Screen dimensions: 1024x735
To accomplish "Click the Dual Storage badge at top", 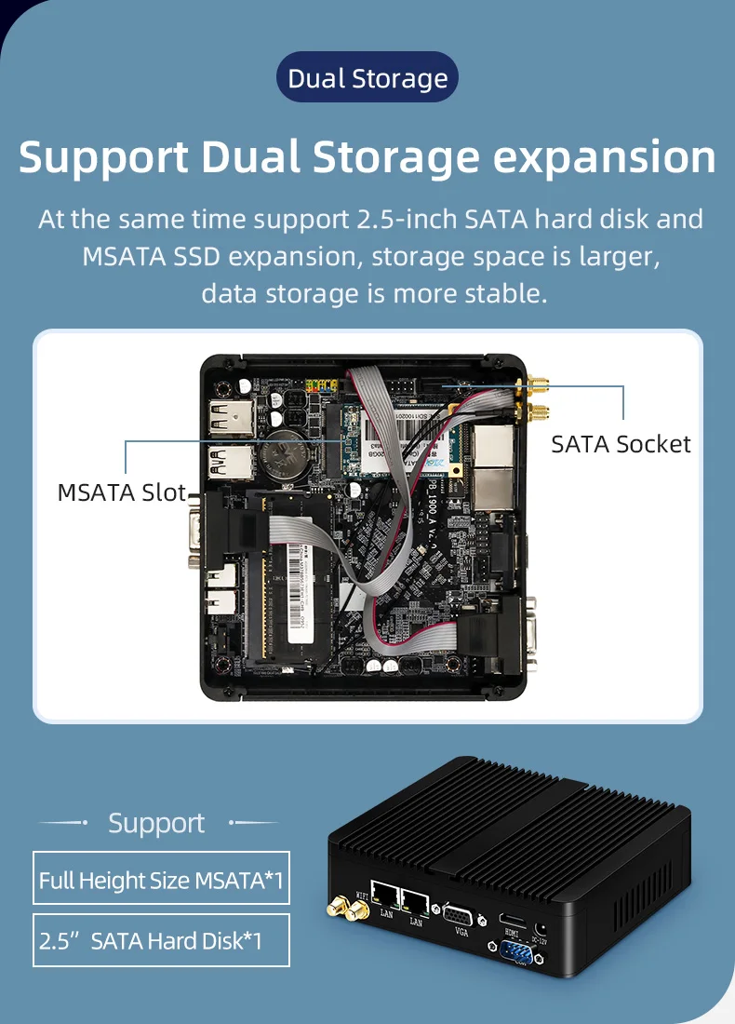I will [x=367, y=78].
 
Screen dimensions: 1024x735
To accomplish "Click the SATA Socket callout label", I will [x=621, y=444].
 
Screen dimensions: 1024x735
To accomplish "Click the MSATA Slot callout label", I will [x=122, y=492].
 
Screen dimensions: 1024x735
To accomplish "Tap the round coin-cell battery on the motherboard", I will [x=278, y=455].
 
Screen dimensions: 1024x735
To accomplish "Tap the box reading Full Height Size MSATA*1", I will [x=161, y=879].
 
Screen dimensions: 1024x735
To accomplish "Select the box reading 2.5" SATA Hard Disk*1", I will [x=161, y=940].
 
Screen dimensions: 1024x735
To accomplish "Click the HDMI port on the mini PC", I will [x=513, y=920].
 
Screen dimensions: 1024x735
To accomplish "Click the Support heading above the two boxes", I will [x=155, y=823].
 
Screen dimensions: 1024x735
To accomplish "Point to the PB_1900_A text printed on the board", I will [x=433, y=507].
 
